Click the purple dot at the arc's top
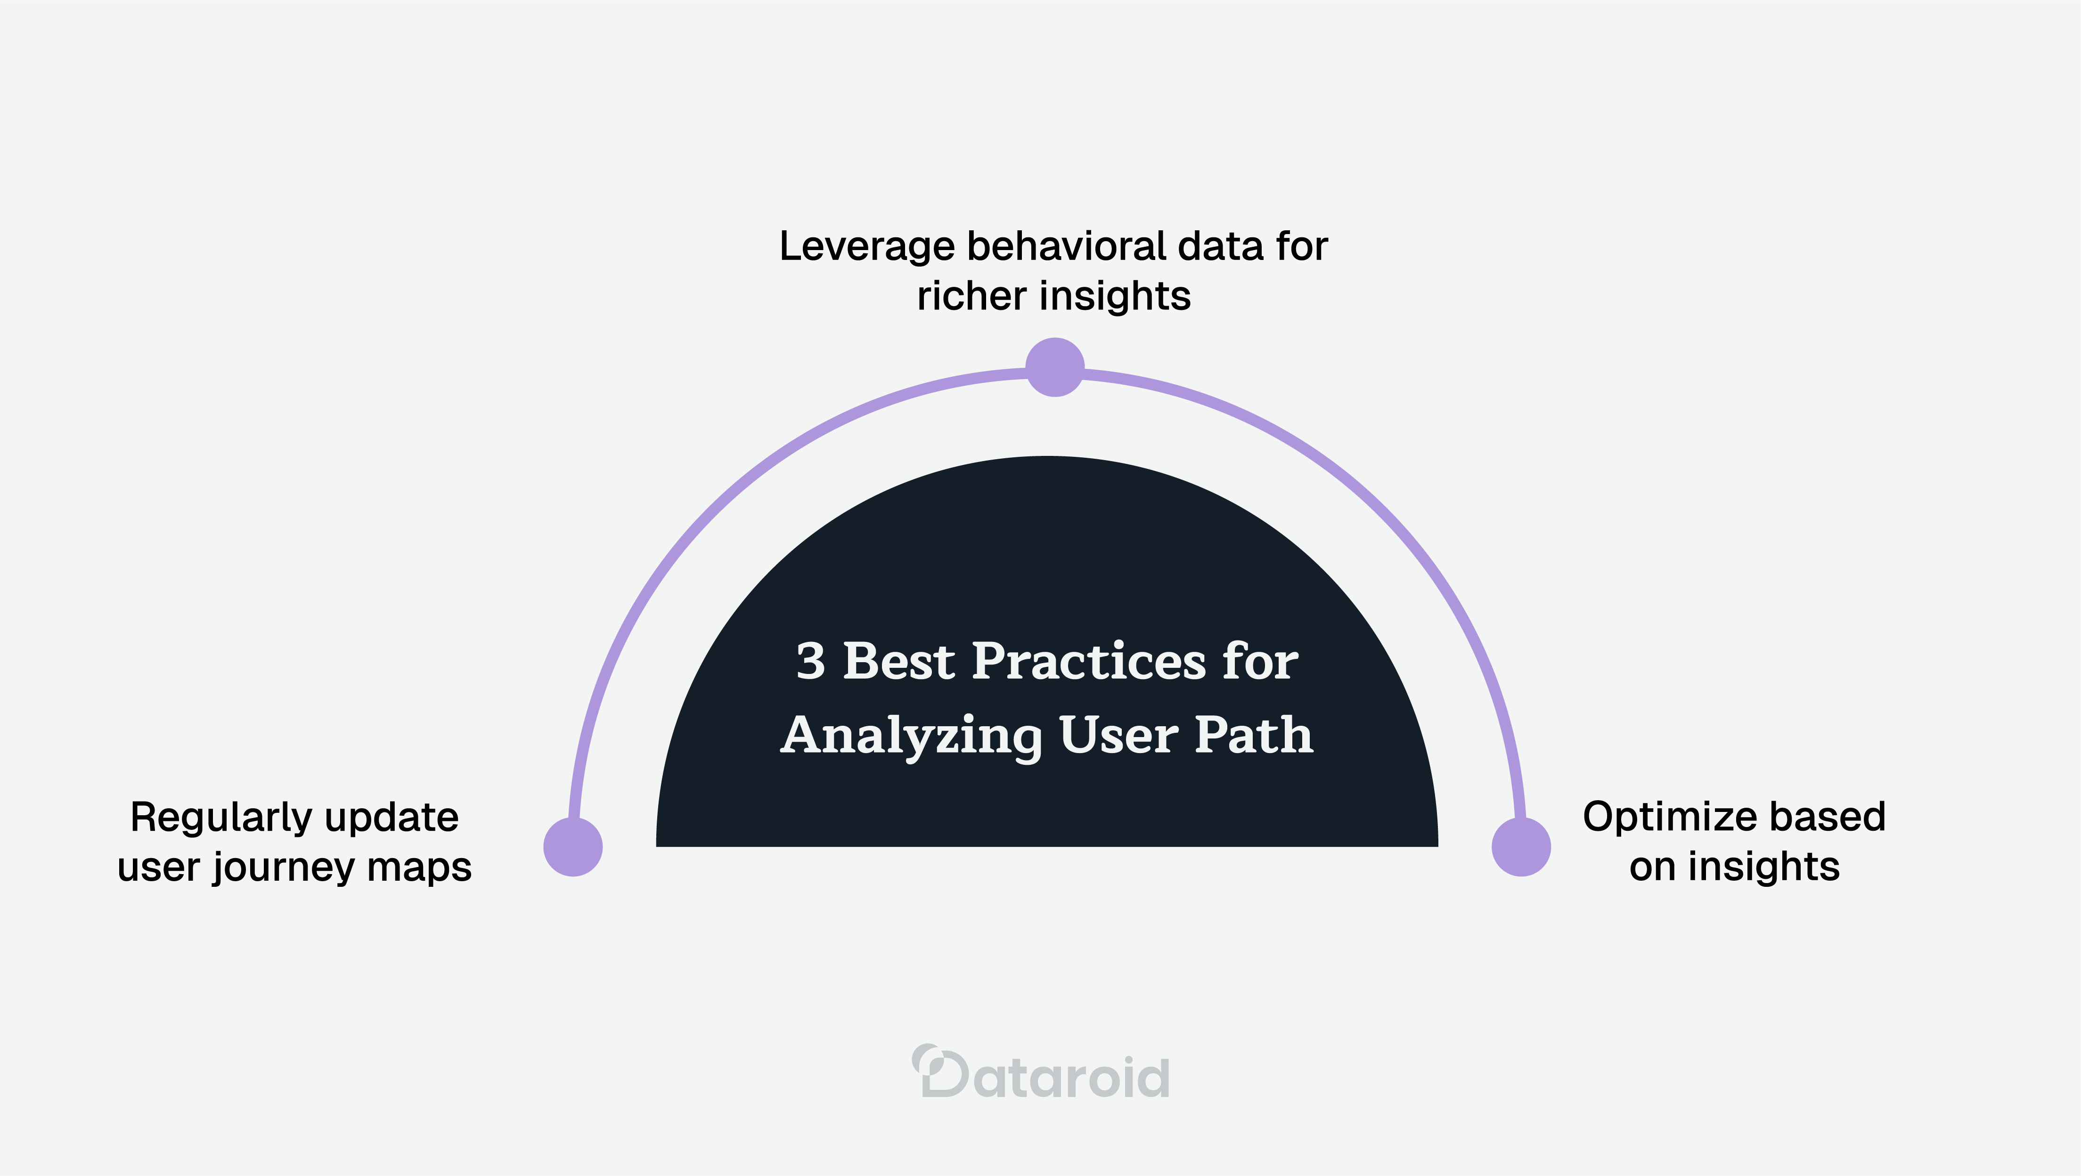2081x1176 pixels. pos(1054,367)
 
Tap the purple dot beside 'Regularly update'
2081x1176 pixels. pos(573,846)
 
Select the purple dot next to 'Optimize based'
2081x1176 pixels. pos(1521,846)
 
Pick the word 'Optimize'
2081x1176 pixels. pos(1660,818)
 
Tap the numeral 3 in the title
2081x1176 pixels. pos(810,662)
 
